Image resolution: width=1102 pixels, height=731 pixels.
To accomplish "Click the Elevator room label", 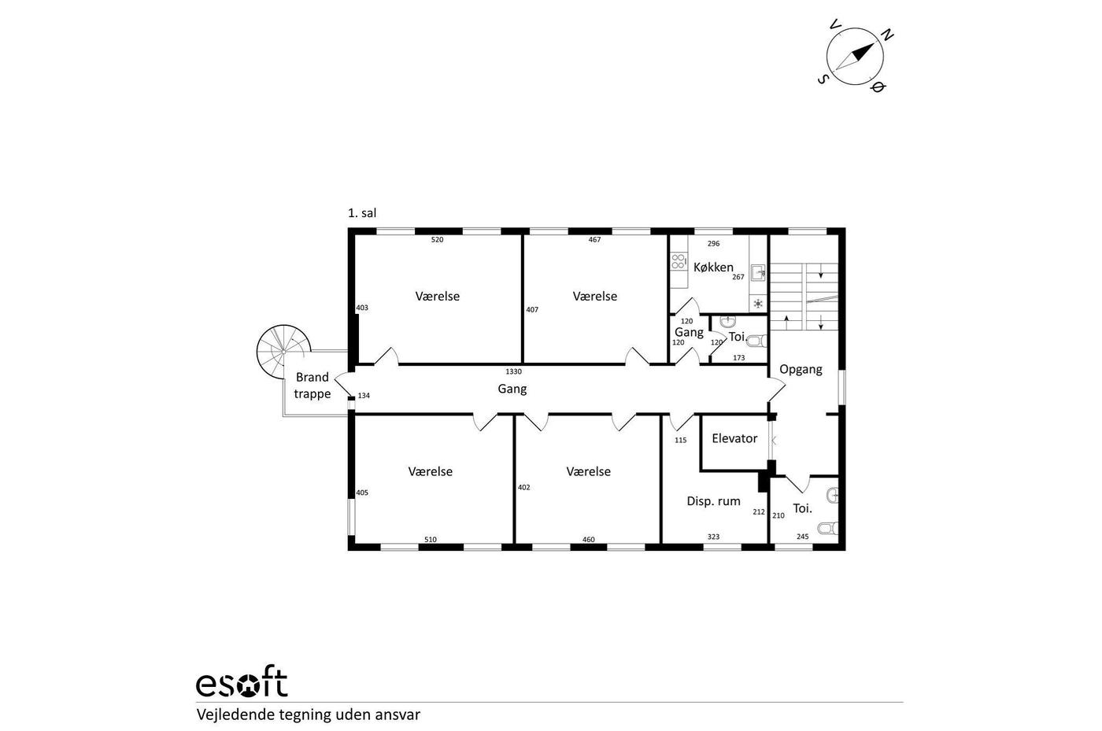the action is [x=734, y=438].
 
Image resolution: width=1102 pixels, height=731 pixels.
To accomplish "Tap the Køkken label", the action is [x=713, y=267].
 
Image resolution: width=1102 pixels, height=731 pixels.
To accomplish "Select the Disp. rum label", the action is [x=713, y=501].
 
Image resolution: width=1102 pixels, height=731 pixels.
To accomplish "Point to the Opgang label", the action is [x=801, y=370].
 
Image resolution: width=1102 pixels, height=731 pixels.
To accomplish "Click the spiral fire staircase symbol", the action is [x=283, y=352].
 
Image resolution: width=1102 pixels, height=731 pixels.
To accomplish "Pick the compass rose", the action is [x=855, y=56].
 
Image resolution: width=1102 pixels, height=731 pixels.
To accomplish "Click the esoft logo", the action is [x=242, y=682].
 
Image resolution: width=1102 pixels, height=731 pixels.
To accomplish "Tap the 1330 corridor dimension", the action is [x=513, y=372].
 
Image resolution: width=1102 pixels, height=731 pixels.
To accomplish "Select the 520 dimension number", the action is [x=437, y=240].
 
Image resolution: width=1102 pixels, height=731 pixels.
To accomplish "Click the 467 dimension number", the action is [x=594, y=240].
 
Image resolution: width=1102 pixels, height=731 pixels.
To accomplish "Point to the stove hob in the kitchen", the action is [x=678, y=261].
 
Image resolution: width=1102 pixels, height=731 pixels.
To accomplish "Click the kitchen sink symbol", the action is [x=757, y=272].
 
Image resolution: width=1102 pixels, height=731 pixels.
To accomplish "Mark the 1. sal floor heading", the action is [x=362, y=213].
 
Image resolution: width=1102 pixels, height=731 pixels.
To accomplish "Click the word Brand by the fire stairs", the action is [x=312, y=378].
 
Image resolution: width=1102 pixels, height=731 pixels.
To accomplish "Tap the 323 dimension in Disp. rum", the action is [x=713, y=537].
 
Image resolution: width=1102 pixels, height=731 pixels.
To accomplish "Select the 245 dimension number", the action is [x=802, y=537].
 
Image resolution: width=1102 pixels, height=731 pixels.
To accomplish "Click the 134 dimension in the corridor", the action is [x=364, y=396].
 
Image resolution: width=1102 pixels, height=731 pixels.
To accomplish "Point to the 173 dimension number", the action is [x=738, y=358].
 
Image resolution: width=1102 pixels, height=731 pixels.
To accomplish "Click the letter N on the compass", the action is [x=886, y=35].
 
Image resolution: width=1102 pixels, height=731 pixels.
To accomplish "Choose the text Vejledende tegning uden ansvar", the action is [x=309, y=714].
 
